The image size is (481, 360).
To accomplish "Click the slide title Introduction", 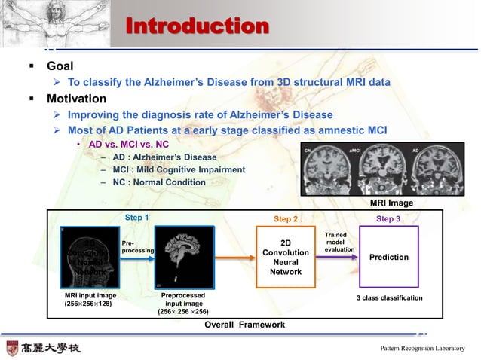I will pyautogui.click(x=197, y=26).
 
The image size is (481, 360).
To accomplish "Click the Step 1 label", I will pyautogui.click(x=136, y=218).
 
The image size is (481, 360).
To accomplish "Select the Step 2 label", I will pyautogui.click(x=286, y=219).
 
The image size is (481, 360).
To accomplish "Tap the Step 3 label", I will pyautogui.click(x=388, y=219).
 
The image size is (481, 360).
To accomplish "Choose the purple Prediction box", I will pyautogui.click(x=389, y=258).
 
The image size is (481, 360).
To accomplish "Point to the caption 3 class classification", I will pyautogui.click(x=389, y=298).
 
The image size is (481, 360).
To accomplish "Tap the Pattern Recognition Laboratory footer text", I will pyautogui.click(x=422, y=348).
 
